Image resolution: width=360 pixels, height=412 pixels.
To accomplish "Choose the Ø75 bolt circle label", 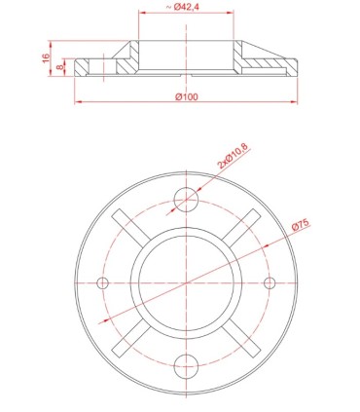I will click(x=300, y=226).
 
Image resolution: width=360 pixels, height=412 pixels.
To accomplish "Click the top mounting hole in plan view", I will click(x=185, y=200).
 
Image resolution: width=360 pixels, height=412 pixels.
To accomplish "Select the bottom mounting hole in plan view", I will click(x=185, y=365).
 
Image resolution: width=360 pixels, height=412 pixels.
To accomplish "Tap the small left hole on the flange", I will click(x=102, y=282).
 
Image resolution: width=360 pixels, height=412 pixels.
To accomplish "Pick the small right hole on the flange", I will click(x=269, y=282).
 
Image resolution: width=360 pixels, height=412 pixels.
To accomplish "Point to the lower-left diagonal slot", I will click(x=130, y=337).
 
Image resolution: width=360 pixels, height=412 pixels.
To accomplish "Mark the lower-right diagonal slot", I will click(x=240, y=337).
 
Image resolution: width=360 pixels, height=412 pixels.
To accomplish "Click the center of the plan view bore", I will click(x=185, y=282).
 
